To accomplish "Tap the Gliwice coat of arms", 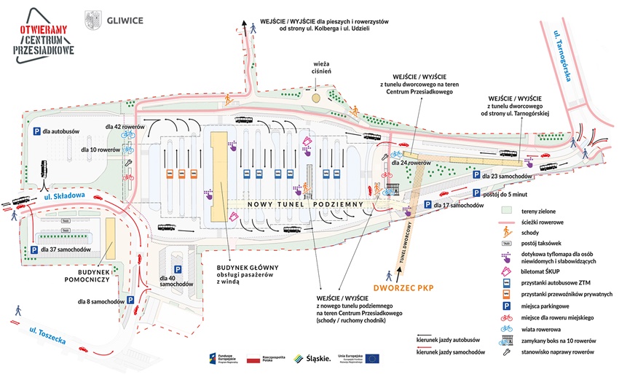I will (92, 19).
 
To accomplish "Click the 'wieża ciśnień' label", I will (318, 72).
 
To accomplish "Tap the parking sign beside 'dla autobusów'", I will (33, 131).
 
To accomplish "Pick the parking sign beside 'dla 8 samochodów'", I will (130, 300).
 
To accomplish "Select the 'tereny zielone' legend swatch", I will (505, 211).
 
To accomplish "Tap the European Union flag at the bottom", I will (372, 357).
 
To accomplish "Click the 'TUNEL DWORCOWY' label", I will (406, 244).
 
